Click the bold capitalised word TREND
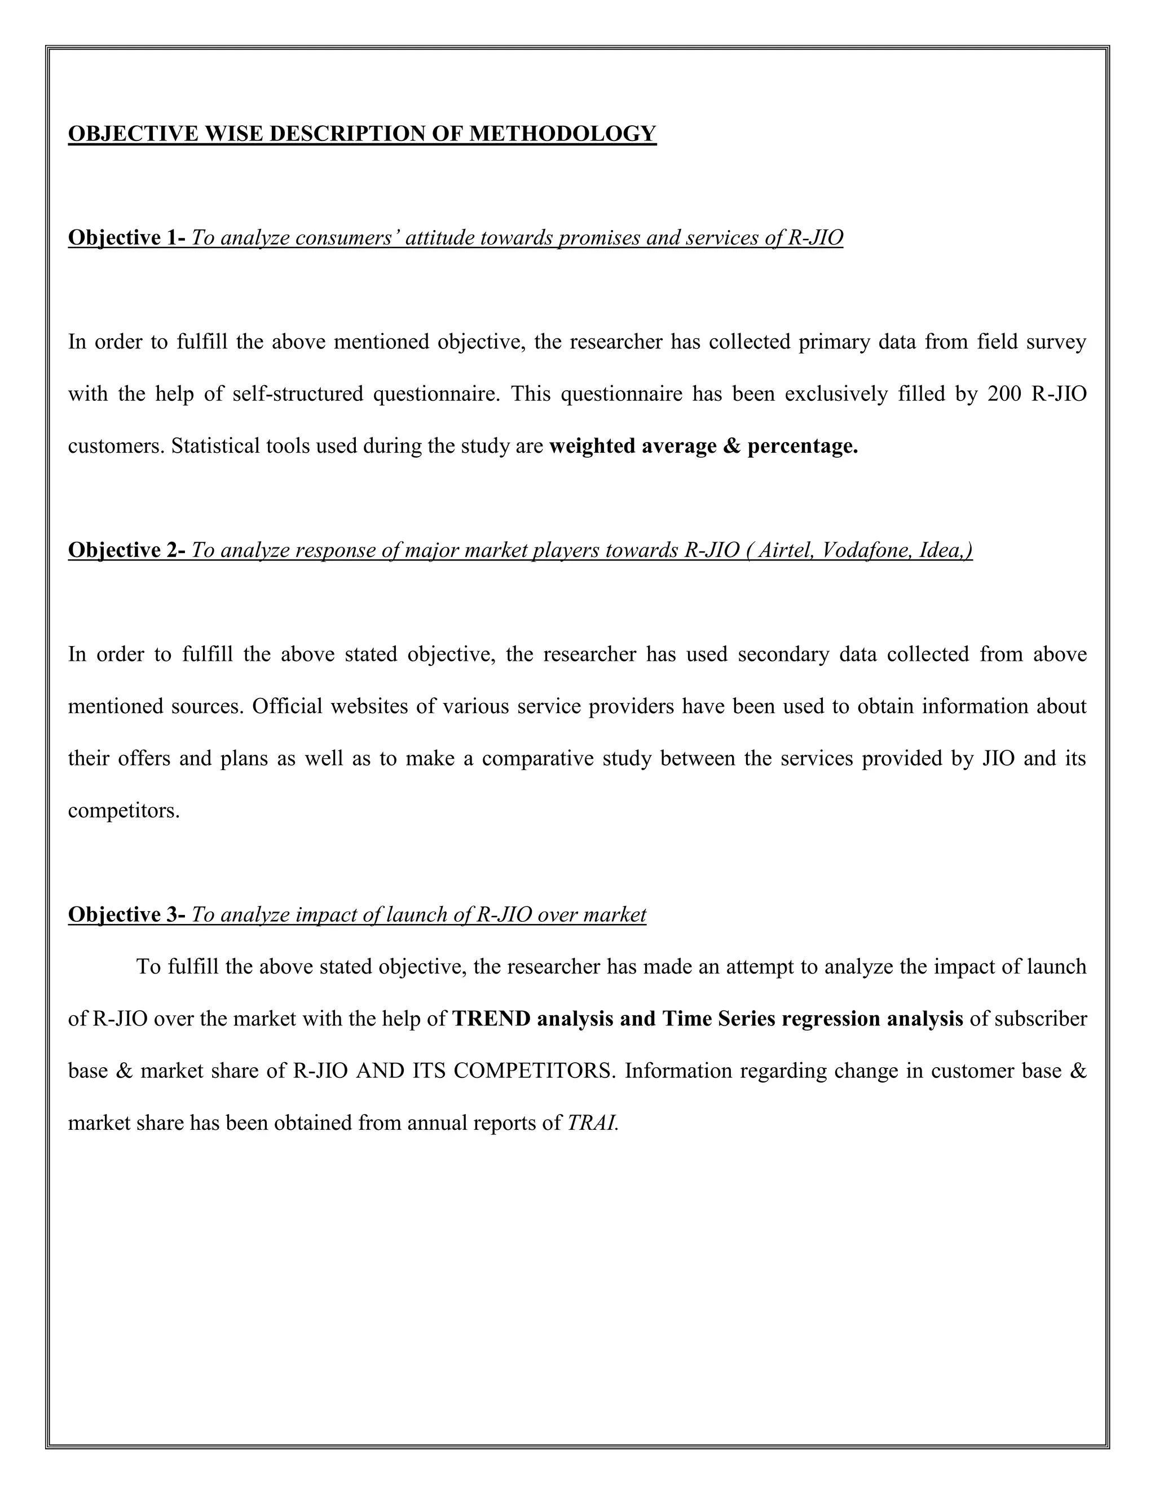[492, 1019]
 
